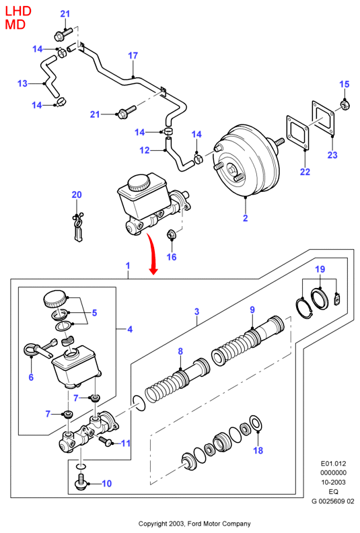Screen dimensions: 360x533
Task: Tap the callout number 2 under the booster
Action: coord(246,218)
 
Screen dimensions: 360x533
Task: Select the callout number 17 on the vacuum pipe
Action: coord(133,55)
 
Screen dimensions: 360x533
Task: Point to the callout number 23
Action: coord(332,155)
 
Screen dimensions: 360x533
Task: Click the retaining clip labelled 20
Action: coord(78,227)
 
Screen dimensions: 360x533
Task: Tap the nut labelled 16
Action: coord(171,235)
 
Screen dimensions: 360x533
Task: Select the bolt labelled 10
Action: coord(81,483)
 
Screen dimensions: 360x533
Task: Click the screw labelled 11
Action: coord(106,441)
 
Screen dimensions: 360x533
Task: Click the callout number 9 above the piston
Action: coord(252,310)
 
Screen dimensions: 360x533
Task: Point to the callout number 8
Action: coord(180,351)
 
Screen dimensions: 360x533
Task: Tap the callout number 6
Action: coord(31,377)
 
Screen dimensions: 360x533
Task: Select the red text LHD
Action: coord(18,11)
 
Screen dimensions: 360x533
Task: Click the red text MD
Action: coord(15,24)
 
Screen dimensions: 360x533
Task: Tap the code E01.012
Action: coord(333,463)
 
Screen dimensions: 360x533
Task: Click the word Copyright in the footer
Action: coord(153,524)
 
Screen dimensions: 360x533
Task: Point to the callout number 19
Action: coord(320,269)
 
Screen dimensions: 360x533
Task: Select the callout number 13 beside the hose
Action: coord(22,83)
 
